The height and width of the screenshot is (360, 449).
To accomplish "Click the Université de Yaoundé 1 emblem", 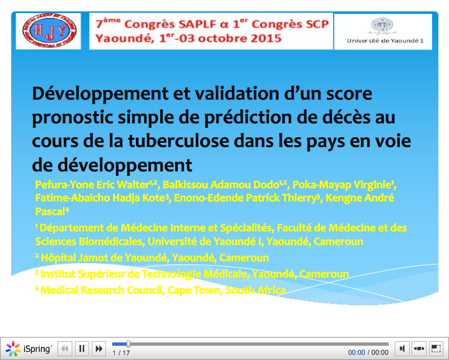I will tap(382, 26).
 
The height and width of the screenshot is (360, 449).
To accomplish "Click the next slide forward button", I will tap(98, 349).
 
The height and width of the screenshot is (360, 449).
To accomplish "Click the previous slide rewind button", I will tap(65, 349).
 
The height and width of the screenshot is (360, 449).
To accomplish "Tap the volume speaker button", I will tap(403, 349).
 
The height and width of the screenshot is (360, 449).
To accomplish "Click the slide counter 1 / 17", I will tap(121, 353).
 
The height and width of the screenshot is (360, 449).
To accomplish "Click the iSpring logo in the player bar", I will tap(29, 349).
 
